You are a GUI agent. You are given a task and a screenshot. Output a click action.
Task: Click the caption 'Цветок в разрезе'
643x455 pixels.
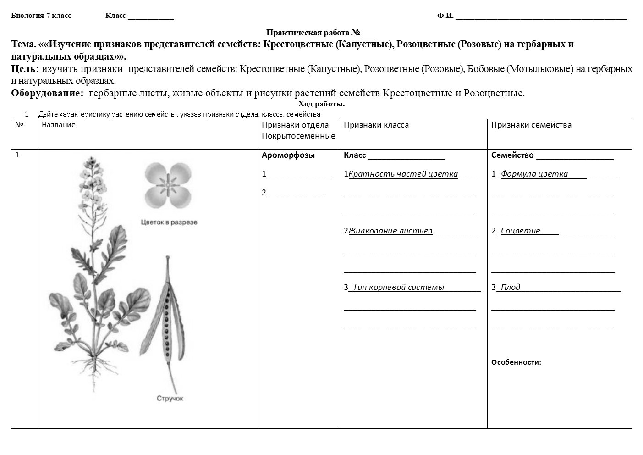pos(169,222)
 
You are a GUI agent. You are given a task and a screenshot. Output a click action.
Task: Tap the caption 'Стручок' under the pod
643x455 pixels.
pos(170,399)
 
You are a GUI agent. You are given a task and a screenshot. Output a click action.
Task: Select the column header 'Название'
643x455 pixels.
pos(58,125)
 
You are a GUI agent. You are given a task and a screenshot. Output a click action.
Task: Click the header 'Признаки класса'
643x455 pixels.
pos(376,125)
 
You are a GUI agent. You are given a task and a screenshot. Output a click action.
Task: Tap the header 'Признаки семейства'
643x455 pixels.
pos(531,125)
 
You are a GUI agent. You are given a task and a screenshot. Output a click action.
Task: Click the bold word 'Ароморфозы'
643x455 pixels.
pos(288,155)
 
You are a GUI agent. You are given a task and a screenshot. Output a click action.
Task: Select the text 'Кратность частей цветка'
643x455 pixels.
pos(403,174)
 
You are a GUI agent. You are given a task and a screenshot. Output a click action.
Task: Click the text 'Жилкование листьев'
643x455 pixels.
pos(390,231)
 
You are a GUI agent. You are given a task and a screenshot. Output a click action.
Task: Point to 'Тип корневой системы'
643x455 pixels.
pos(399,287)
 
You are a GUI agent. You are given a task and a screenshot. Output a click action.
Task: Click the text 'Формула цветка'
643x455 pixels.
pos(534,174)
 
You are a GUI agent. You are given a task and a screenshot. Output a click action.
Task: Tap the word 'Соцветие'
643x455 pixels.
pos(520,231)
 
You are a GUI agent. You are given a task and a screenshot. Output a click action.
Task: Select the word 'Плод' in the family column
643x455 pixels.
pos(510,287)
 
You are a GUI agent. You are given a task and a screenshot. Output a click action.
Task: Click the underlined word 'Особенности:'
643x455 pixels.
pos(516,362)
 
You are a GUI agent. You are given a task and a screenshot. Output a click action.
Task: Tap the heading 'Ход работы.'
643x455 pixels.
pos(321,104)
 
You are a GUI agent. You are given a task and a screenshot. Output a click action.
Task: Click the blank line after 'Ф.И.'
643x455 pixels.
pos(541,17)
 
